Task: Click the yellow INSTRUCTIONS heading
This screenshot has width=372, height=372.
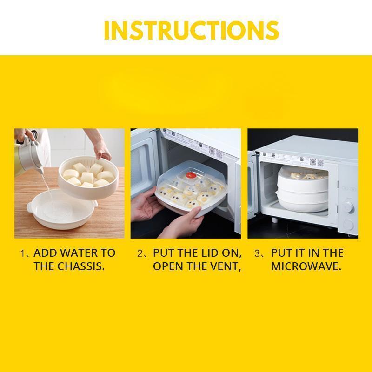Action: [191, 30]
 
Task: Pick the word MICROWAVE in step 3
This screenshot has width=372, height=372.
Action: [306, 266]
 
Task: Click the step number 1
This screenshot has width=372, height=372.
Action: [22, 253]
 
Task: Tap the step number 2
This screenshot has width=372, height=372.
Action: [140, 253]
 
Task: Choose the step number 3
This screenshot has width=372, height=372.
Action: [257, 253]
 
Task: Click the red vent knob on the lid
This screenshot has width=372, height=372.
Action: [191, 175]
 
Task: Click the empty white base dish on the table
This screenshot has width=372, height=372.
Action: [62, 209]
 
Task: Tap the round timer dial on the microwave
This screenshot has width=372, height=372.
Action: [348, 207]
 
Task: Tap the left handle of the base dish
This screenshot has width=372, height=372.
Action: [30, 207]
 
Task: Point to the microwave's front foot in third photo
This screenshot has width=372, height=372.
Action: [275, 219]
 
